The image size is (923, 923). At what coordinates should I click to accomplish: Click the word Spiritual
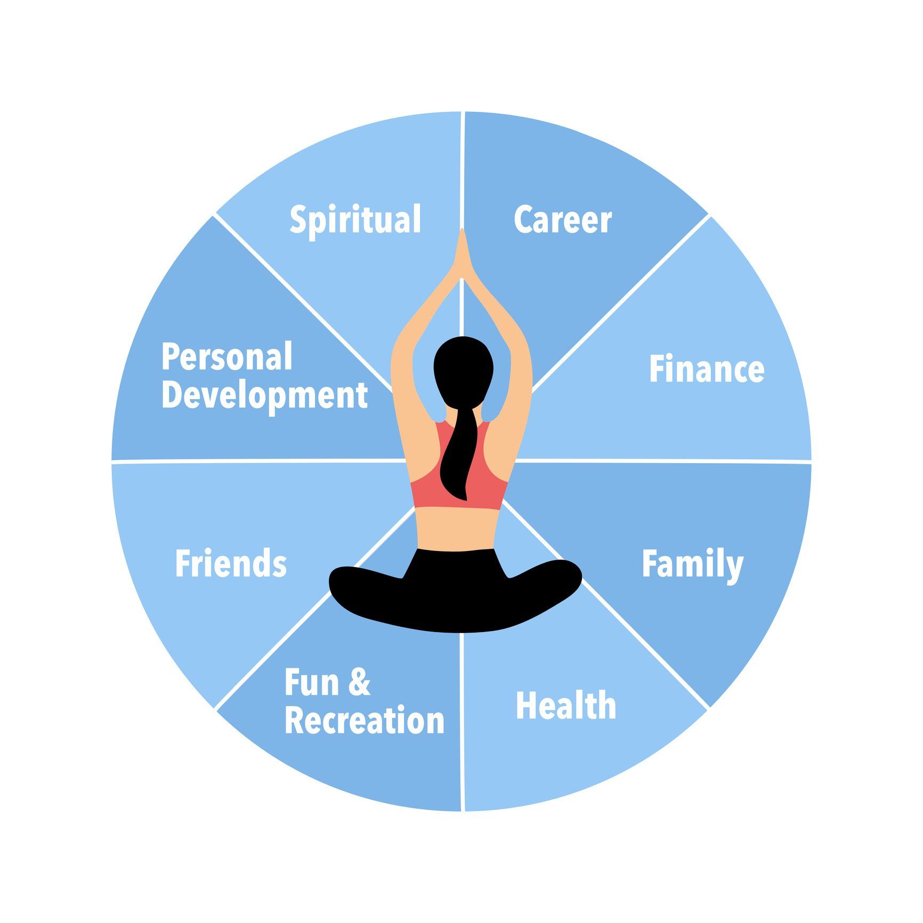(x=355, y=220)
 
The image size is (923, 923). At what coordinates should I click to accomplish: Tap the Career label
(x=563, y=220)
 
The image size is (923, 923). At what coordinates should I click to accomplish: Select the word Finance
(x=707, y=369)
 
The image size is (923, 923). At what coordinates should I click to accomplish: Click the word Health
(x=566, y=706)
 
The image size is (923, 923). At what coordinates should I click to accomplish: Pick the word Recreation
(x=365, y=720)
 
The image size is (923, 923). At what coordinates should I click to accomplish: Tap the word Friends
(x=231, y=564)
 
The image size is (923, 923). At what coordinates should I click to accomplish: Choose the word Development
(x=265, y=395)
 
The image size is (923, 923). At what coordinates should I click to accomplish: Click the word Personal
(x=227, y=357)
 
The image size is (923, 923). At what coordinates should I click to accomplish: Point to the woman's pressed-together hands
(x=461, y=256)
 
